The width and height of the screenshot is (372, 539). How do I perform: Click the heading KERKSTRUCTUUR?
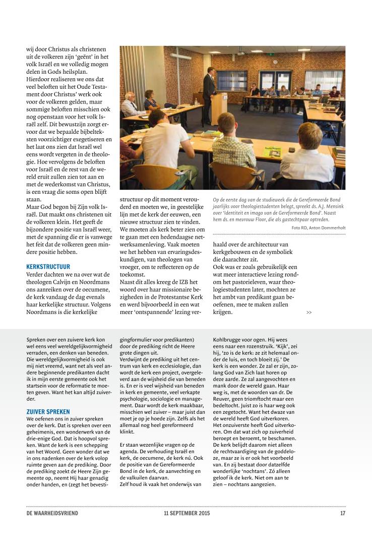pos(48,266)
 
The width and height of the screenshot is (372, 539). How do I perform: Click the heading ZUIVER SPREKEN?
pos(48,412)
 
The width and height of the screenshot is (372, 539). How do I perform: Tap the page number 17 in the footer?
pos(342,513)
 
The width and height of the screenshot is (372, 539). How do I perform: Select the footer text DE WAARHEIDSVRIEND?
pos(52,513)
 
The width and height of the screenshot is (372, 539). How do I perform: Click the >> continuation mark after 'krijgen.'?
pos(309,312)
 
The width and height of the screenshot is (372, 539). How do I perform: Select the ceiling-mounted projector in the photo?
pos(240,52)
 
